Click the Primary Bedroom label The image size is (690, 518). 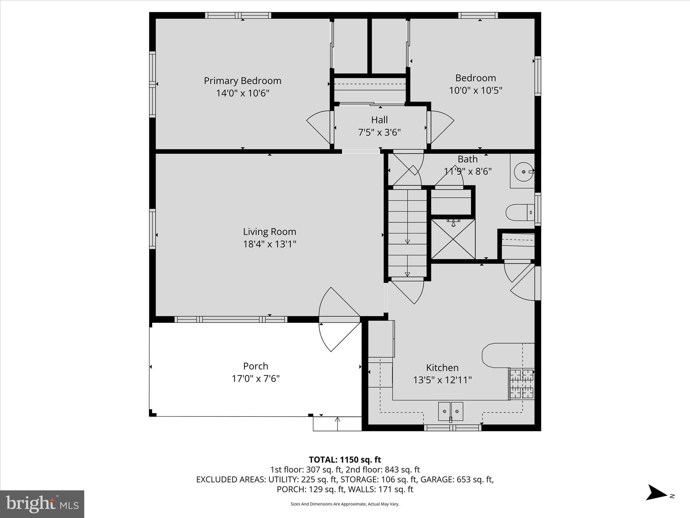coord(242,81)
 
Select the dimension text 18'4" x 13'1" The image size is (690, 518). coord(270,244)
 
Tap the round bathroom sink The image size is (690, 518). coord(523,172)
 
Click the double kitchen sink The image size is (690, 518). coord(450,411)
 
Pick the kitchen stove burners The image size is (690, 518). coord(522,384)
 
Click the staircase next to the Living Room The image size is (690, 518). coord(407,233)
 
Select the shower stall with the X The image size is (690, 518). coord(453,239)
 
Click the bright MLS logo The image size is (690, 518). coord(42,504)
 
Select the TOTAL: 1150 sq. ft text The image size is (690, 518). coord(345,460)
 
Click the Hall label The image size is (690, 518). coord(379,120)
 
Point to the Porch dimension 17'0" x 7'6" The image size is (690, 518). coord(256,379)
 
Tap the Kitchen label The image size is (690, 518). coord(442,368)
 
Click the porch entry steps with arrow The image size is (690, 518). coord(337,424)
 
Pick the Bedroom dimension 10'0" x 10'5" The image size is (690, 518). coord(475,90)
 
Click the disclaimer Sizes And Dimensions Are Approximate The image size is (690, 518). coord(345,504)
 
